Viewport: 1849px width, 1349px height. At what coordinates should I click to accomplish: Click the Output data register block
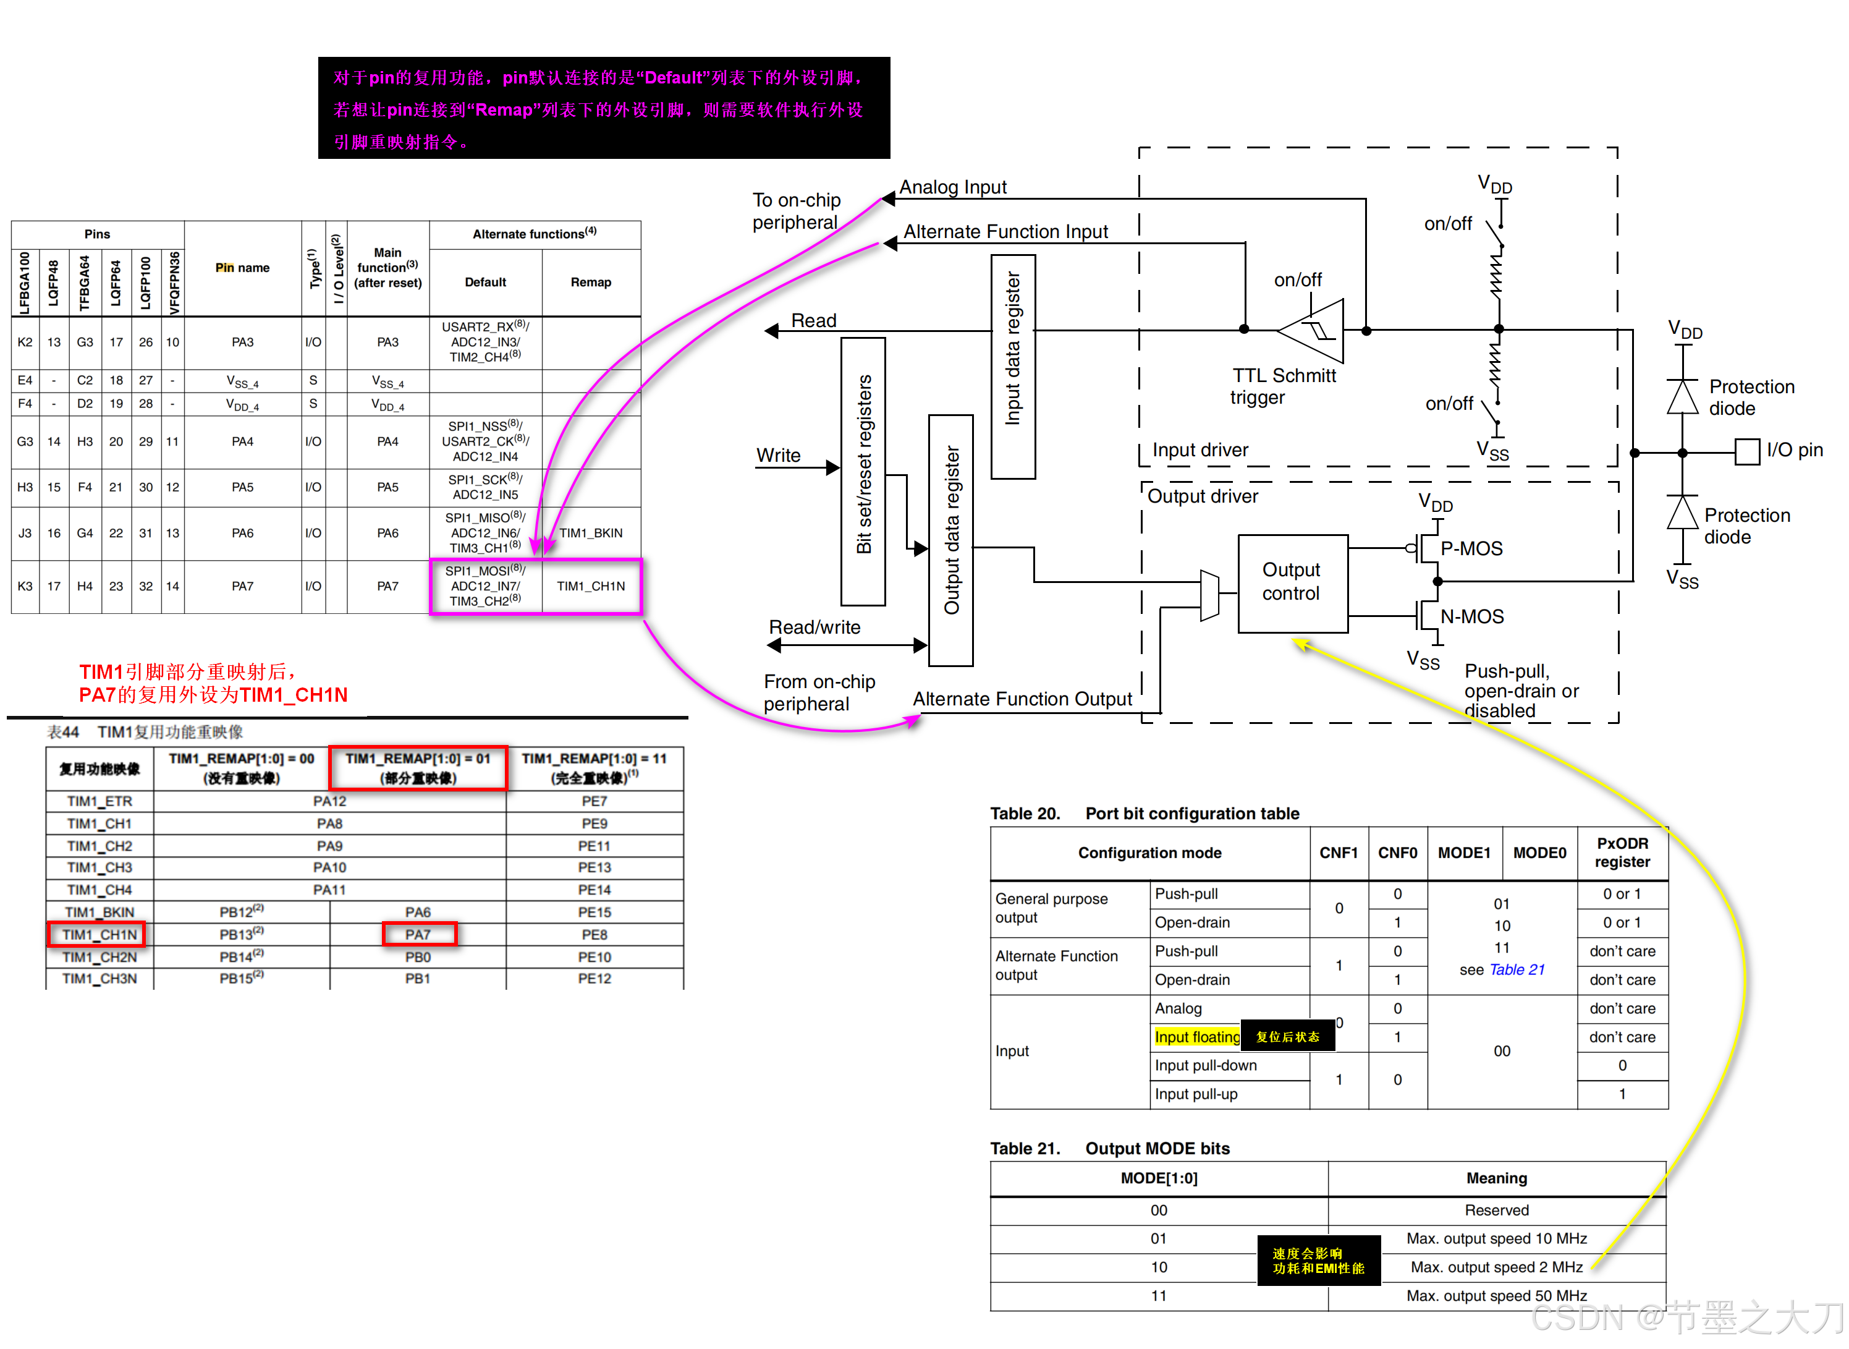950,539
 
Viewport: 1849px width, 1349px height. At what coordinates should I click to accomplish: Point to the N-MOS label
1471,616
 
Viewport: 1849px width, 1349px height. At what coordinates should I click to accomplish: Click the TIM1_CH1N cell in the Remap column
590,585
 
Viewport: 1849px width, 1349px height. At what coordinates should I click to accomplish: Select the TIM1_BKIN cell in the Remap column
590,532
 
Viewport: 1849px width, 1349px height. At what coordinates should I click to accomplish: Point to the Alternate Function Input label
1005,231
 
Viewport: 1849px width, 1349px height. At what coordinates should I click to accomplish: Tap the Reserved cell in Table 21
1496,1209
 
